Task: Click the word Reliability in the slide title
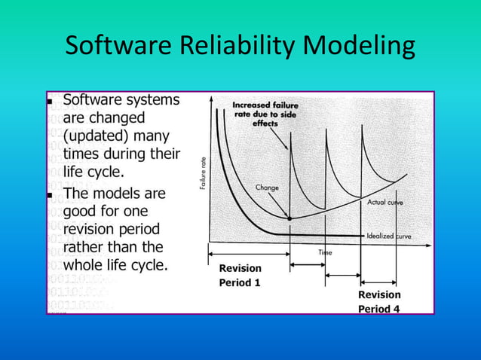[x=239, y=47]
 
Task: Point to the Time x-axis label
[x=325, y=253]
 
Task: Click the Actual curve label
[x=385, y=202]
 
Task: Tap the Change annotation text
[x=268, y=187]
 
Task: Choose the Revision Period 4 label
[x=379, y=301]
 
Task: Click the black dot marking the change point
[x=290, y=218]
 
